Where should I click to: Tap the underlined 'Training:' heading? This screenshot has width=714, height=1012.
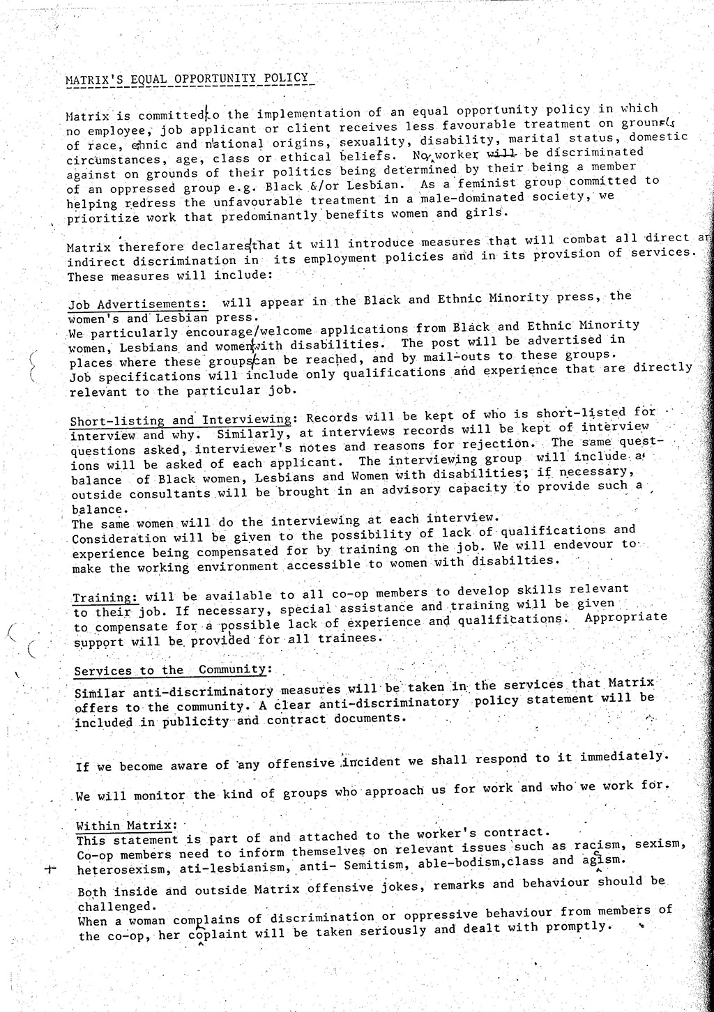(x=105, y=597)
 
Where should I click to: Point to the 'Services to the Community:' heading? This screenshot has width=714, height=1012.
(x=171, y=670)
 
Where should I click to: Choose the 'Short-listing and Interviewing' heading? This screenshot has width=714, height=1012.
(x=180, y=420)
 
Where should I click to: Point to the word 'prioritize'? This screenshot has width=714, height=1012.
(x=101, y=217)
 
